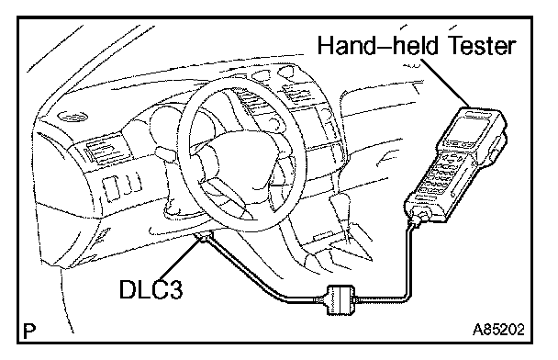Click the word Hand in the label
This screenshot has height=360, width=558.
pyautogui.click(x=346, y=46)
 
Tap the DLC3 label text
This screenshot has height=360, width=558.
pyautogui.click(x=151, y=289)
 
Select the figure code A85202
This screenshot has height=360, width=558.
pyautogui.click(x=498, y=330)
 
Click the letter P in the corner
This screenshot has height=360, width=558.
pyautogui.click(x=29, y=332)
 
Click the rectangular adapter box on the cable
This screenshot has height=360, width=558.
pyautogui.click(x=340, y=299)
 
